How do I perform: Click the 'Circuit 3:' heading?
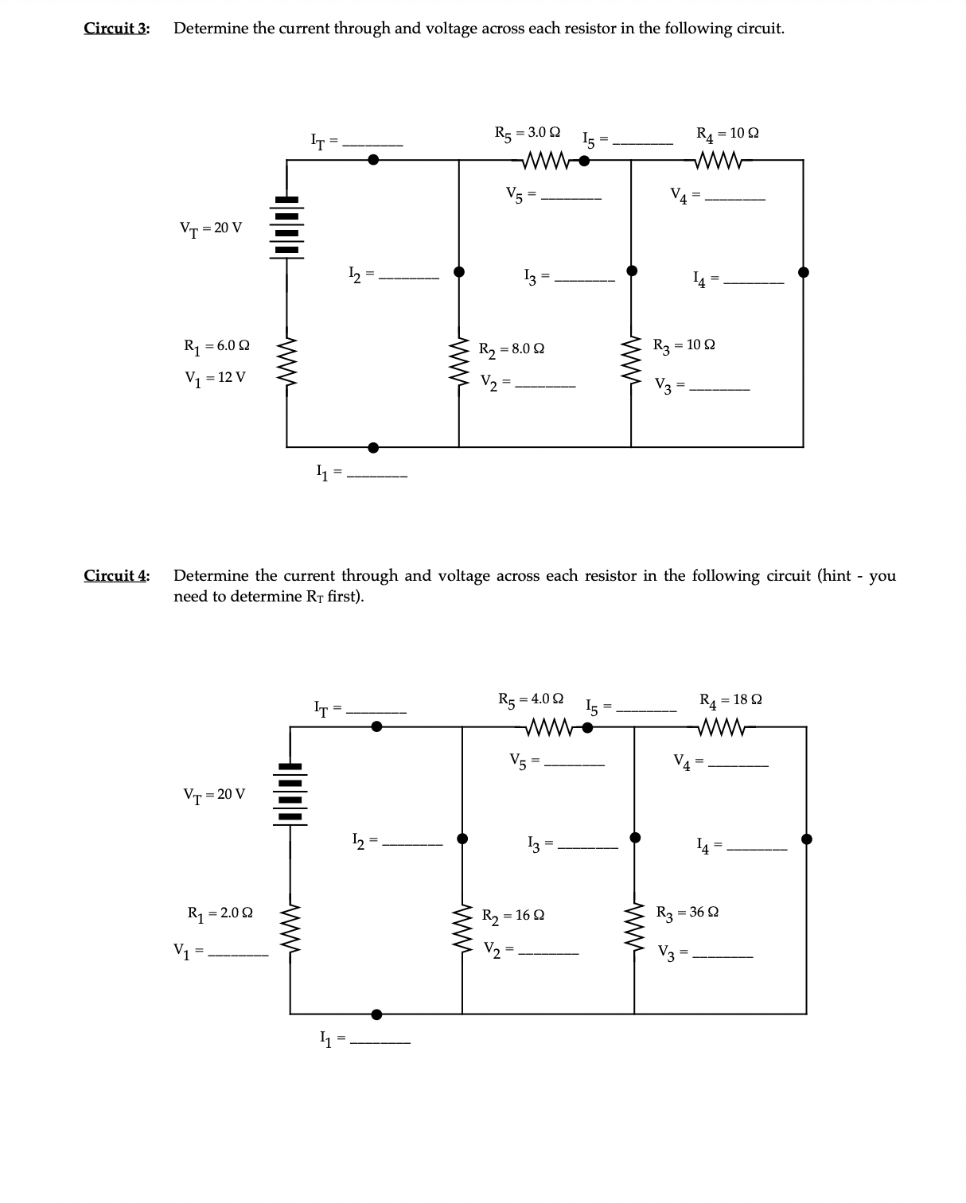pos(117,29)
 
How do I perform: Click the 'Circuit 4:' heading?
pos(117,575)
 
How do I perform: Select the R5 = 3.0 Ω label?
pos(528,132)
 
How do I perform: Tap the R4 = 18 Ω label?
pos(730,700)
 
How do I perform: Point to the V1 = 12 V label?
pos(215,377)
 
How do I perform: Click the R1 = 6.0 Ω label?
pos(216,346)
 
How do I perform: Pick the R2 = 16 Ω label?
pos(513,915)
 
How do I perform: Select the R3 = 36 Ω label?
pos(687,912)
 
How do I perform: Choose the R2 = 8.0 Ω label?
pos(512,348)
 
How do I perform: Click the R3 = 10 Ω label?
pos(684,345)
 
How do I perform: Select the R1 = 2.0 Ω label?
pos(220,913)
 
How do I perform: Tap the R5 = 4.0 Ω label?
pos(531,699)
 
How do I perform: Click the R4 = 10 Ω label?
pos(727,133)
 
